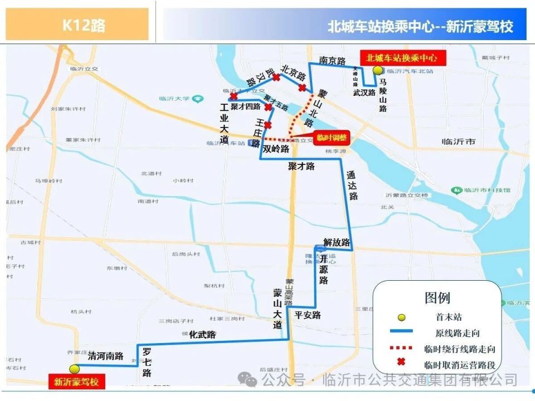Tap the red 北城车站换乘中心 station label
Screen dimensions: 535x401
click(x=398, y=57)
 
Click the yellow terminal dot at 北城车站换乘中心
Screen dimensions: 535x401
click(x=377, y=70)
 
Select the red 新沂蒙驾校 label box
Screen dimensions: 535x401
click(x=76, y=382)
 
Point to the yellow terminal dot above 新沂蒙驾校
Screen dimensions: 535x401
click(x=74, y=369)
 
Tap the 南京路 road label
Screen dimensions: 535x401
click(x=332, y=61)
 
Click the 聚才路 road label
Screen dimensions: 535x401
click(x=301, y=166)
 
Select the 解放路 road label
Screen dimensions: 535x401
click(x=337, y=243)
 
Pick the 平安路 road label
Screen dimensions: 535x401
click(x=308, y=315)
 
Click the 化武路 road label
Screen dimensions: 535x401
click(x=202, y=335)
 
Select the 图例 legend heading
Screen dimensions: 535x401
click(x=437, y=297)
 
